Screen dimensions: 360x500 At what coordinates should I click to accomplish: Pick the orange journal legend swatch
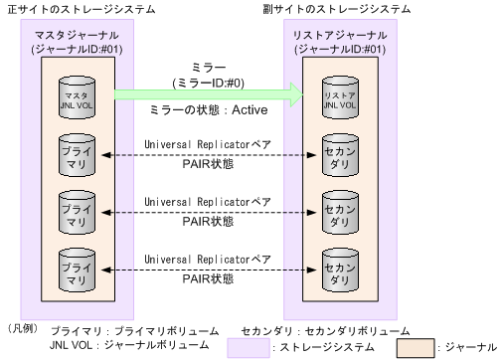coord(417,347)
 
